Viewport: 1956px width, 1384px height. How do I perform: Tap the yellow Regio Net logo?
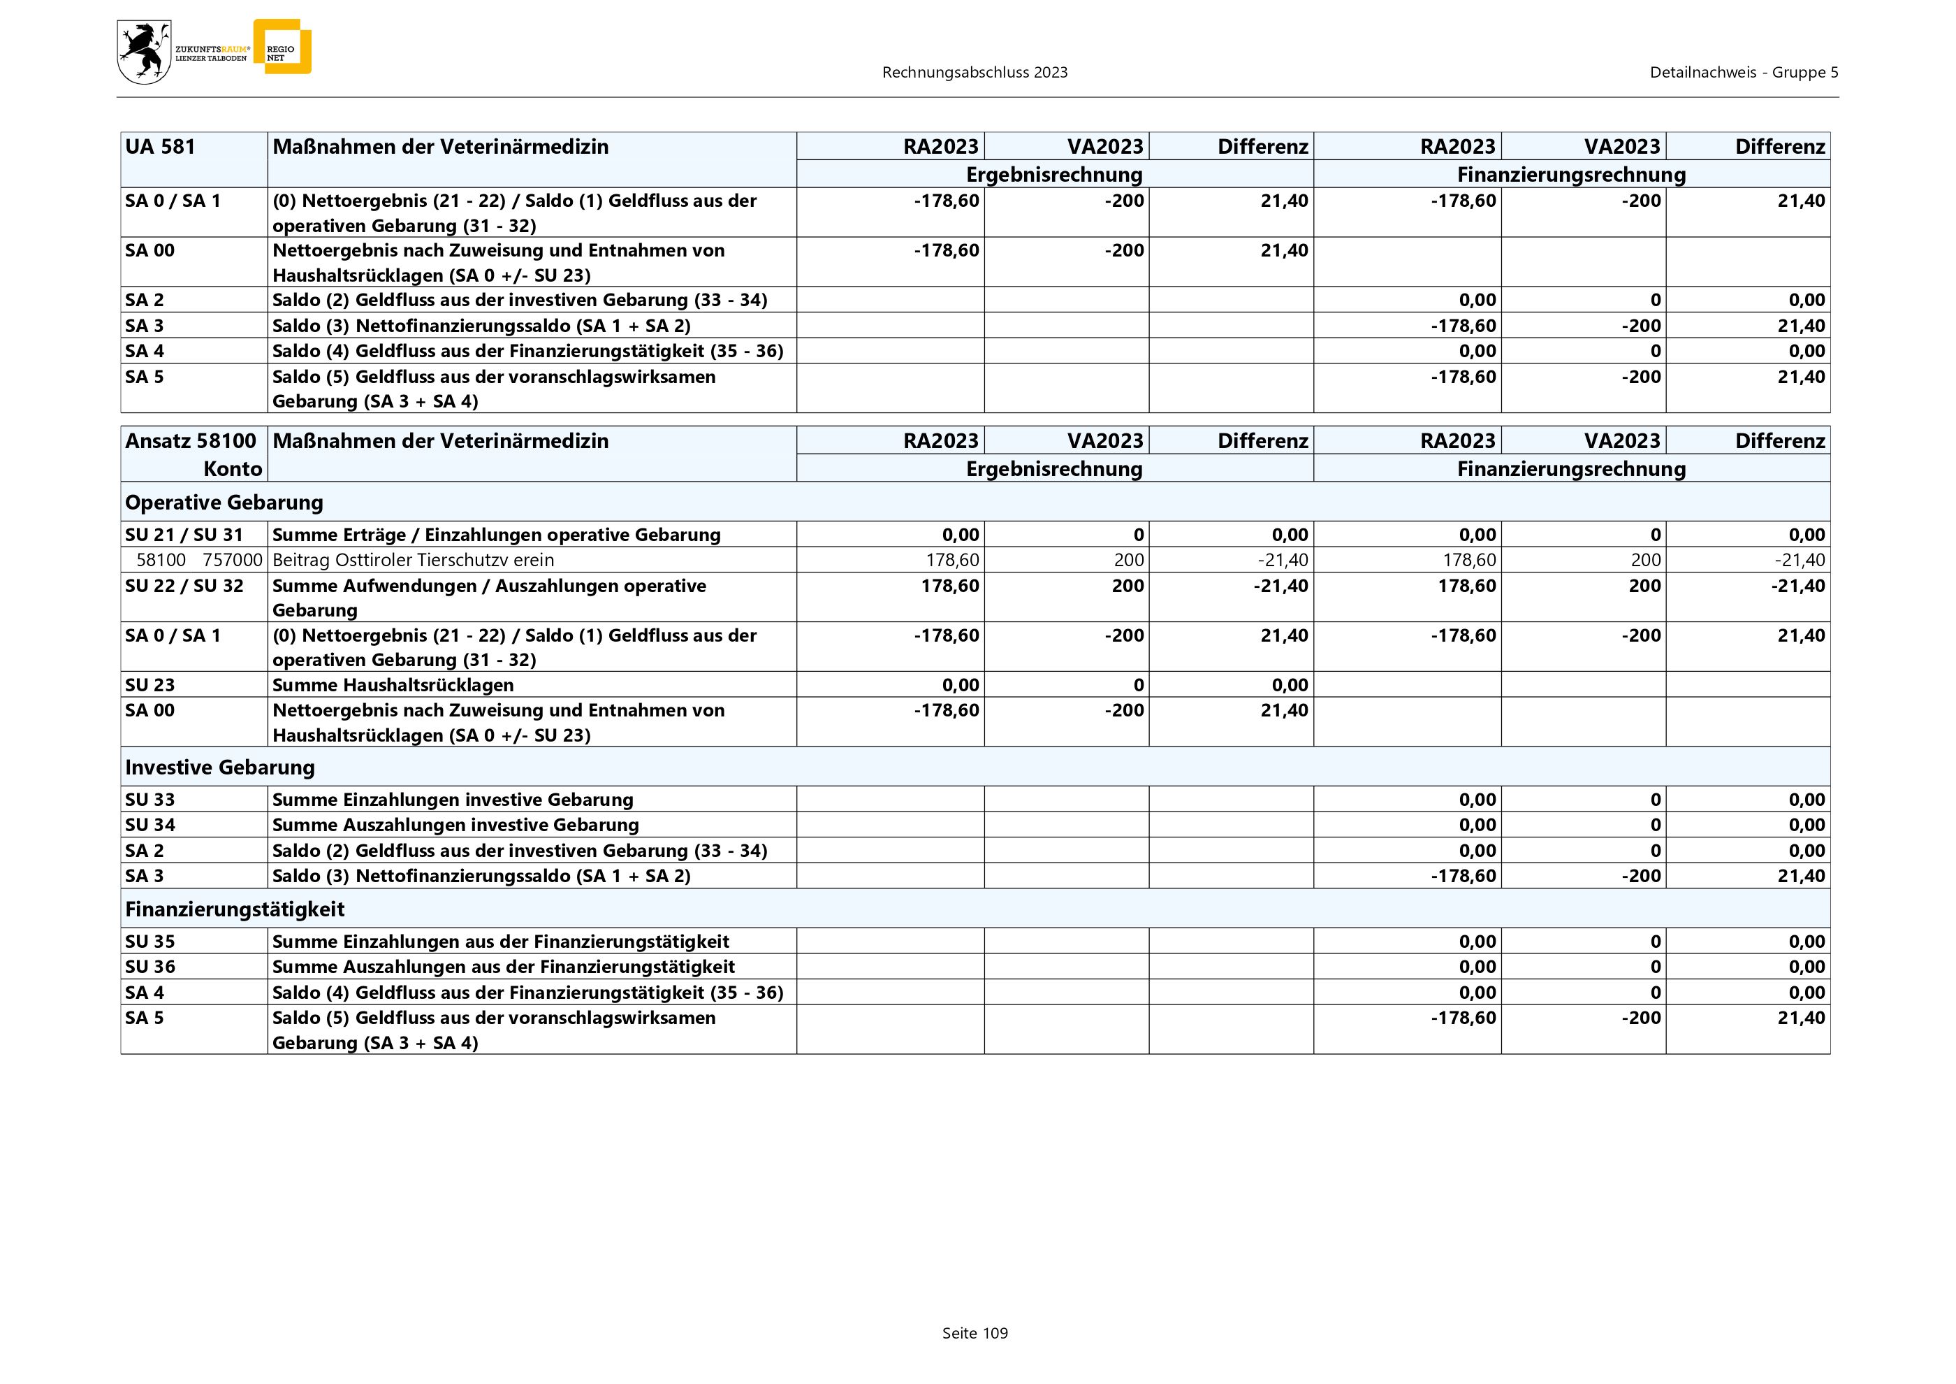(283, 48)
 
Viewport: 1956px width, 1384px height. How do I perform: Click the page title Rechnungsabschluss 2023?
(975, 73)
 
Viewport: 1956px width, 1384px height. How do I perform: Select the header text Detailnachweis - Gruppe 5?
(1743, 73)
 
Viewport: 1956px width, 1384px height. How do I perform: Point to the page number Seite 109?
(975, 1333)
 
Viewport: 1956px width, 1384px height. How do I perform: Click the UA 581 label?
(160, 147)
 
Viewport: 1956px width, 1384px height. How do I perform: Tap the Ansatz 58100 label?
(190, 440)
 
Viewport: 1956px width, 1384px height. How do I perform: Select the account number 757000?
(233, 560)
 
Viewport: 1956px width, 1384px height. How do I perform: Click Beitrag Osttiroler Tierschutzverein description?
(413, 560)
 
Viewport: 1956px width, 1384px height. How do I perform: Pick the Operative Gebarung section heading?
(224, 502)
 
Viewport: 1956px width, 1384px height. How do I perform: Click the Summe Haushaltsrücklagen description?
(393, 684)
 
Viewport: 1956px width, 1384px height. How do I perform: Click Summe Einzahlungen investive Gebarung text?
(453, 800)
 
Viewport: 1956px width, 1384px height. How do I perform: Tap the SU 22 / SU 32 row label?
(184, 586)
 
